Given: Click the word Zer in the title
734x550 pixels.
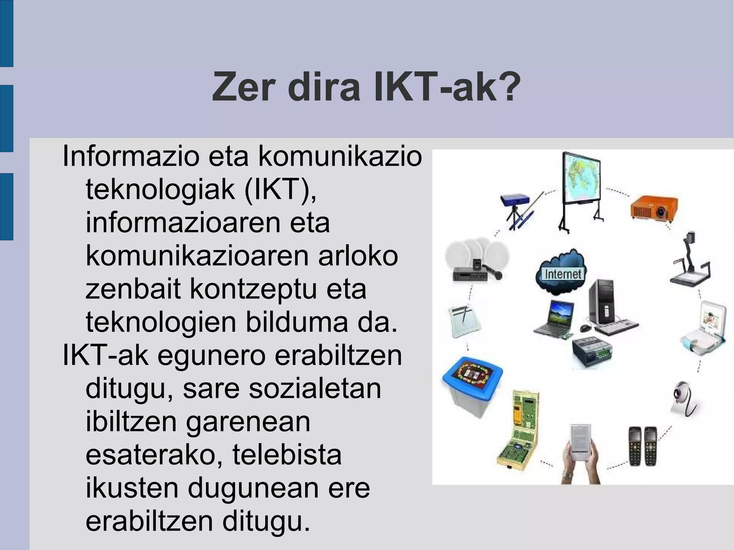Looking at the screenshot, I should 244,87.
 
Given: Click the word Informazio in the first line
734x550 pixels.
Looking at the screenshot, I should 130,156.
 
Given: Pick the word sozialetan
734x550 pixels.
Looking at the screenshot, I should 315,388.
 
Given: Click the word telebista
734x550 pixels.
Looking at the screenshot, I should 287,455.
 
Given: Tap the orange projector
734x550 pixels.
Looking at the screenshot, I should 654,207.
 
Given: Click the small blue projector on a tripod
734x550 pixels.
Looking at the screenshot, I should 515,203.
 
